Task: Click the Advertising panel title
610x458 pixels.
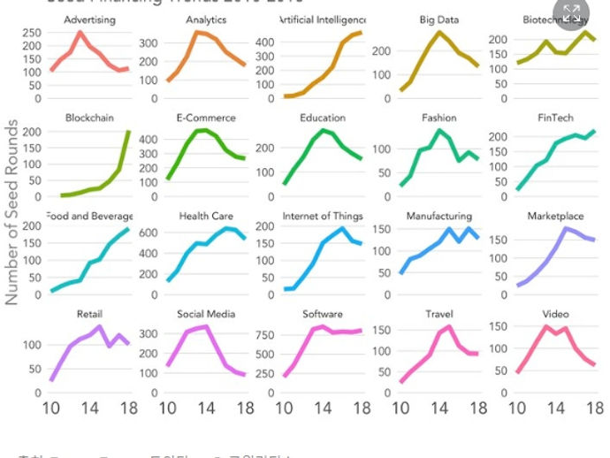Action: pos(89,19)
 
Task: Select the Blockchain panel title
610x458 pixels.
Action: pos(89,118)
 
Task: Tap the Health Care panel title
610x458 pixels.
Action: pos(206,216)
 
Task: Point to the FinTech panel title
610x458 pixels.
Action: pos(555,118)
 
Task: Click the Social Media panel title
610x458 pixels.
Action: pos(206,314)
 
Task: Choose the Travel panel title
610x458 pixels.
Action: pos(439,314)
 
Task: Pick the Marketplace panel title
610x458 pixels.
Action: pos(555,216)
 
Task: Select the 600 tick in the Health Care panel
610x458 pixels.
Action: pos(146,233)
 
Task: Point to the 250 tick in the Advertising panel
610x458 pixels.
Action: pos(29,33)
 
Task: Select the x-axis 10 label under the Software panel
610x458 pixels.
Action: pos(285,408)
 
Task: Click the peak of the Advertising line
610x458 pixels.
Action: pos(80,33)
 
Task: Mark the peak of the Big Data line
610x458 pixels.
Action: pos(439,32)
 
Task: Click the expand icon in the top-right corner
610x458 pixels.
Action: pos(571,12)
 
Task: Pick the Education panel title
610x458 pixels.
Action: pos(323,118)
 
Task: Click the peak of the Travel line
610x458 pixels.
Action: pos(449,326)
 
